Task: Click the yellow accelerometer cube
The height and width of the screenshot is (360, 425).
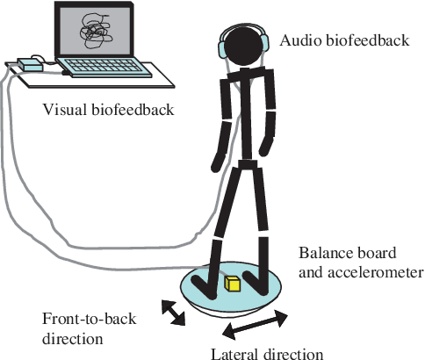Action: [233, 284]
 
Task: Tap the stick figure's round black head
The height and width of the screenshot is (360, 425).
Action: [244, 47]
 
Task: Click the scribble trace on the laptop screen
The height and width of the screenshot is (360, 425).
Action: [96, 31]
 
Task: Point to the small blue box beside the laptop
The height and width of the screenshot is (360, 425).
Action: [31, 65]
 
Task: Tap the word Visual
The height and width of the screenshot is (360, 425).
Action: [65, 110]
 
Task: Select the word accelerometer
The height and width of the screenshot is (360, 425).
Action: [375, 272]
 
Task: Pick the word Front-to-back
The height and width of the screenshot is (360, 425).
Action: [90, 319]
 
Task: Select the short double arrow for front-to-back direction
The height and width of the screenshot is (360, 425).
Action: [174, 313]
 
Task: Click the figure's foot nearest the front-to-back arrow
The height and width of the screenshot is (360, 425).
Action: [204, 286]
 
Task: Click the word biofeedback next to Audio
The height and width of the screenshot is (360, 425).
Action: [367, 40]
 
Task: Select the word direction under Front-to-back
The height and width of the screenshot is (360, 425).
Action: [73, 339]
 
